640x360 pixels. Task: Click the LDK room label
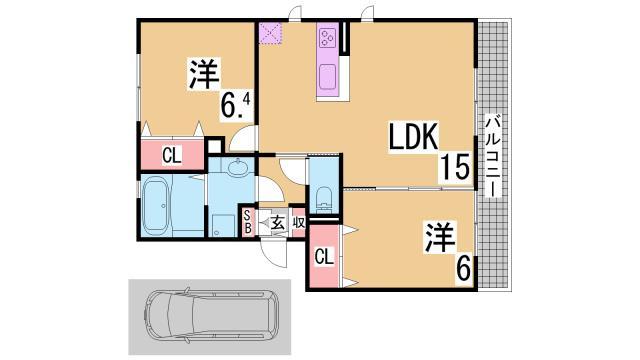[x=407, y=137]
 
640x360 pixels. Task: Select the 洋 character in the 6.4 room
[x=205, y=75]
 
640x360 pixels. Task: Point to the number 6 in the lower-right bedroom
[x=464, y=268]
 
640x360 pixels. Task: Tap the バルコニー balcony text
[x=492, y=156]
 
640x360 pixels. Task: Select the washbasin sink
[x=239, y=168]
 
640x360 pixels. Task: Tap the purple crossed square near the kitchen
[x=271, y=33]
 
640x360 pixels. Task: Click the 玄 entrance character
[x=275, y=223]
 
